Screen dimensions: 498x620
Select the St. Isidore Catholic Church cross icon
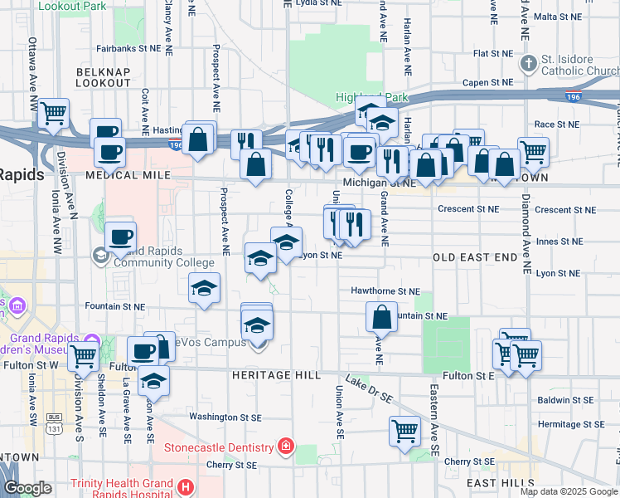point(528,63)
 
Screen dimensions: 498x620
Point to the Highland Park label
point(372,97)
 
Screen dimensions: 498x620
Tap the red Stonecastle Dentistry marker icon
point(286,447)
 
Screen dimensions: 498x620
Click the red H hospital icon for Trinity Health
point(186,486)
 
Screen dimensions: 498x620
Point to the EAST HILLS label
point(497,483)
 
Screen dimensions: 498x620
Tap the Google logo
point(27,488)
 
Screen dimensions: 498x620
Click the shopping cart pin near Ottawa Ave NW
point(54,113)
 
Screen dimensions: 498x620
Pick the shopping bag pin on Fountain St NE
point(381,316)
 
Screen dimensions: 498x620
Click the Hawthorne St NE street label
point(385,292)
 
